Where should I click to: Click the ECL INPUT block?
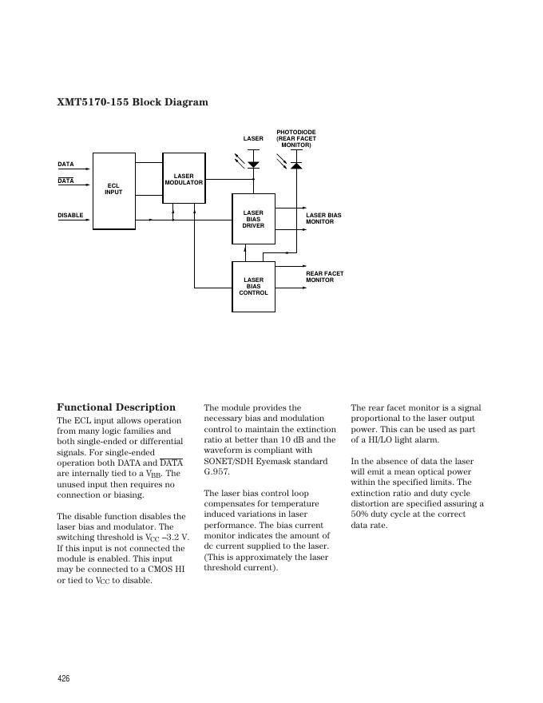(x=114, y=189)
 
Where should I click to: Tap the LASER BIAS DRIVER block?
(x=253, y=219)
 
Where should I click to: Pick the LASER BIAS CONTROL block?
(x=253, y=286)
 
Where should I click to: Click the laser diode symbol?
(x=254, y=165)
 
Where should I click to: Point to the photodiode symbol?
(x=296, y=165)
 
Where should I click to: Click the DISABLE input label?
(x=70, y=215)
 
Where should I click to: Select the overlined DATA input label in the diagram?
(x=65, y=181)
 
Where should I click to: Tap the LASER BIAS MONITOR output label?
(x=323, y=219)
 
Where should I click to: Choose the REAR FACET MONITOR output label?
(x=324, y=277)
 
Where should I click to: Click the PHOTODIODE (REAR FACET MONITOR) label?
(x=296, y=137)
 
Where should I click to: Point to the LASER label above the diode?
(x=253, y=139)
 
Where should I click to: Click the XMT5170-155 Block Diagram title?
(x=133, y=102)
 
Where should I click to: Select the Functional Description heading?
(x=116, y=407)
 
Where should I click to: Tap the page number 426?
(x=63, y=677)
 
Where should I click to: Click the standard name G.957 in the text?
(x=216, y=472)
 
